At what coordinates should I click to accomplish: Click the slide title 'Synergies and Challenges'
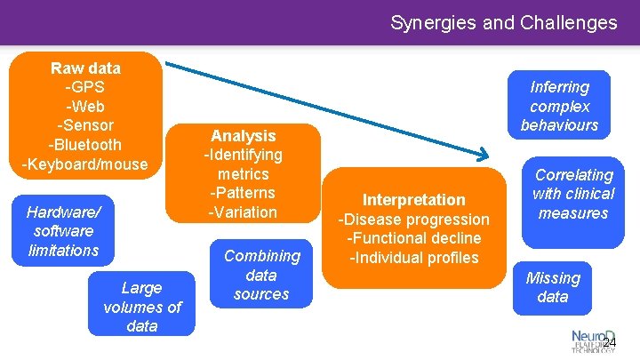(x=503, y=22)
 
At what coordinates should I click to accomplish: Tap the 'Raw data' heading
(x=85, y=68)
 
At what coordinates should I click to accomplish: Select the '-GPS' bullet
(x=85, y=87)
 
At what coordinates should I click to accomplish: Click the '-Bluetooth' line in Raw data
(x=85, y=144)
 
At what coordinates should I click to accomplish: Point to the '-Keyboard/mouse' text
(x=85, y=164)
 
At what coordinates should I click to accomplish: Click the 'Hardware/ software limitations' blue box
(x=63, y=231)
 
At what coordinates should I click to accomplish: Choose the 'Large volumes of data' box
(x=141, y=307)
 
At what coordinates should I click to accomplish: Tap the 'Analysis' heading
(x=243, y=136)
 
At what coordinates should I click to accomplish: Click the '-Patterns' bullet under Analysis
(x=243, y=193)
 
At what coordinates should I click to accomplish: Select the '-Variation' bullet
(x=243, y=212)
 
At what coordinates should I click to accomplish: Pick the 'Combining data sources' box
(x=261, y=275)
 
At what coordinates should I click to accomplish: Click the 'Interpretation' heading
(x=413, y=200)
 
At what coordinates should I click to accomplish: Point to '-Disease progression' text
(x=413, y=220)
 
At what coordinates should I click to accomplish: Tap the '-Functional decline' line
(x=413, y=238)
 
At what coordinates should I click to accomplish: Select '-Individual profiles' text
(x=413, y=258)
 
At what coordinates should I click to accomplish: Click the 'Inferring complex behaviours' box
(x=559, y=106)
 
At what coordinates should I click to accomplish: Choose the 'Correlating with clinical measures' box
(x=572, y=194)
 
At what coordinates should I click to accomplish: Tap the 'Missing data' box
(x=552, y=287)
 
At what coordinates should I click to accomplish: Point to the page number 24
(x=609, y=344)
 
